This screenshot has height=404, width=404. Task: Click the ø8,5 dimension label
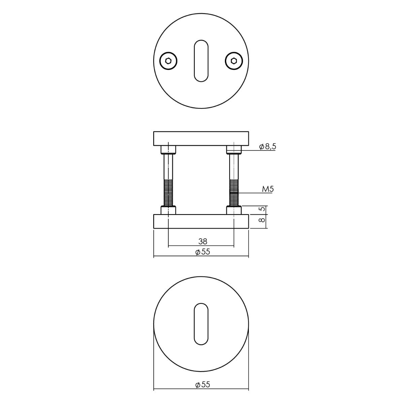point(268,146)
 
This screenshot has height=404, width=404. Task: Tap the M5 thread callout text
point(268,189)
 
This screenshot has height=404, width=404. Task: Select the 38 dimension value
point(203,241)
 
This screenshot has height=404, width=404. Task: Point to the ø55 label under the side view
point(203,251)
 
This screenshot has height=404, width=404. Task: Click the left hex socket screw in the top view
point(168,61)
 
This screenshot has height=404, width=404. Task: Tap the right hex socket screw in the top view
point(234,61)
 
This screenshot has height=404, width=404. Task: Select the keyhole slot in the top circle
point(201,61)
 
